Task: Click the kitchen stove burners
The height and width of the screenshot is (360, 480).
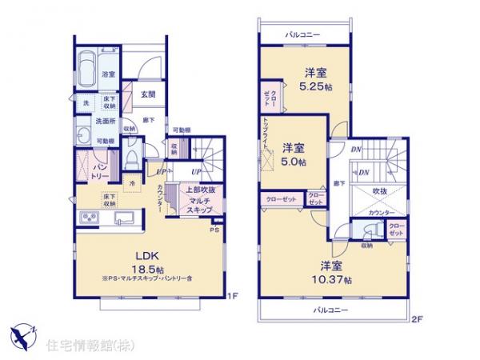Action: point(86,218)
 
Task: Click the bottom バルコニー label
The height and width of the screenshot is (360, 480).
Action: point(330,309)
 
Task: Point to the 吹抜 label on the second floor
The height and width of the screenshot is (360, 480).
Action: point(379,191)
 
